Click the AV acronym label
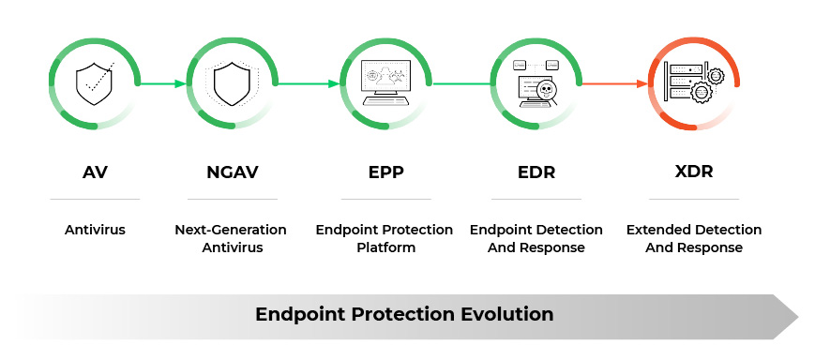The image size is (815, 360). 94,172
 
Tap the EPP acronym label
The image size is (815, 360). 385,172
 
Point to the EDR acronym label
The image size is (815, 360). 536,172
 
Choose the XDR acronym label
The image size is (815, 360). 694,172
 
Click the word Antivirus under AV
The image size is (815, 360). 94,230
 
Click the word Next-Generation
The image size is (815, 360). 231,230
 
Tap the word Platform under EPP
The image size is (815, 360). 385,247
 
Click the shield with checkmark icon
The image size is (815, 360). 94,83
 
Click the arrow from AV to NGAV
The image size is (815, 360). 163,83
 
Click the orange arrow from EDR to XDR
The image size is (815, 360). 614,83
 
